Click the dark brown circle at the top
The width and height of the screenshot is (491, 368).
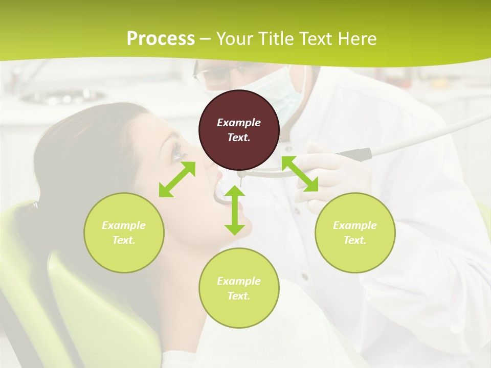pos(239,130)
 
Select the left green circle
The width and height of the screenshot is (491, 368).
pos(124,233)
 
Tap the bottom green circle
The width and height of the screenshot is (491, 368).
pos(239,288)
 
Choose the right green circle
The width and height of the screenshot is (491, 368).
pos(355,233)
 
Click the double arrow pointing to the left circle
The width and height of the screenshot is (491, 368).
pos(177,179)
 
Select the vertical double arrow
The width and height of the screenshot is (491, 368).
pos(235,210)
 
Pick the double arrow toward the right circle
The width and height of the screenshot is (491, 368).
pos(300,174)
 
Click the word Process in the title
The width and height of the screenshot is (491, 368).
pos(161,38)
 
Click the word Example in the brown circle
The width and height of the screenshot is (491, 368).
pos(239,123)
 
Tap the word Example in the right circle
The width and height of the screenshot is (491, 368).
pos(355,225)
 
